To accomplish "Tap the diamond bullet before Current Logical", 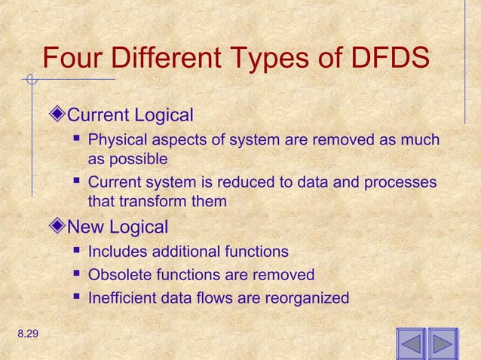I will point(60,116).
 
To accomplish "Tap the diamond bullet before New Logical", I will point(60,227).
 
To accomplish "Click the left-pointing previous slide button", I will point(411,343).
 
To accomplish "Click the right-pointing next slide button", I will point(443,343).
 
